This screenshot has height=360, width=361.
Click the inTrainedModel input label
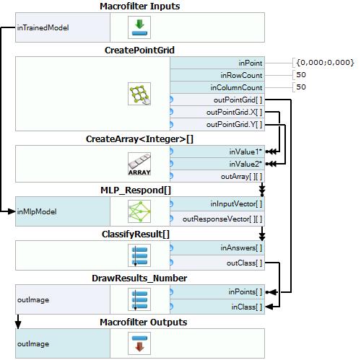click(x=43, y=27)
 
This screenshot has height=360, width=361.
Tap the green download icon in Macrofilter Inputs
click(x=139, y=27)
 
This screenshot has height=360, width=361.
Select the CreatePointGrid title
click(x=139, y=51)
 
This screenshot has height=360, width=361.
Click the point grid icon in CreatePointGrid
click(x=139, y=94)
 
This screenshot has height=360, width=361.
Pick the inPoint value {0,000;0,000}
click(x=325, y=63)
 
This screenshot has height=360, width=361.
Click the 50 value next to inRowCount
click(x=301, y=75)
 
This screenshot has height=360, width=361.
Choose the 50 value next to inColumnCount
click(x=301, y=87)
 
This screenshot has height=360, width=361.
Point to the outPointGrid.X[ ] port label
click(x=234, y=112)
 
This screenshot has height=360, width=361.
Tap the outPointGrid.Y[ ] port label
click(x=234, y=124)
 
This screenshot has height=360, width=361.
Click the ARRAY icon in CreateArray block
click(x=139, y=164)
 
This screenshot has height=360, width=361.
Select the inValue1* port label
click(x=245, y=152)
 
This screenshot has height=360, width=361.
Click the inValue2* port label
click(x=245, y=164)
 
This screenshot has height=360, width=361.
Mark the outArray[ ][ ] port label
click(x=241, y=177)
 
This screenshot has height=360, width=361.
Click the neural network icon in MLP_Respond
click(x=139, y=211)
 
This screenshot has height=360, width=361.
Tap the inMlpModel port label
click(x=37, y=211)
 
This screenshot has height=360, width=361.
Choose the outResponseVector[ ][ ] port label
click(x=222, y=219)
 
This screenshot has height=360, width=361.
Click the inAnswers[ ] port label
click(x=241, y=247)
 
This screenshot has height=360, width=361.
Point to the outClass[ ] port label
click(x=244, y=263)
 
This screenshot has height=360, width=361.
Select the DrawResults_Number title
click(x=139, y=278)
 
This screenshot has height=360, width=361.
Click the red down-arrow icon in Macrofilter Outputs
click(x=139, y=343)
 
